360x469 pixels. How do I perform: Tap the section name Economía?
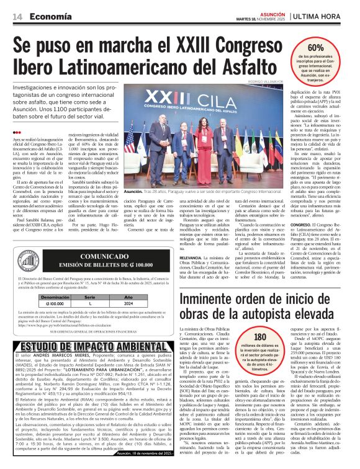click(x=51, y=16)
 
